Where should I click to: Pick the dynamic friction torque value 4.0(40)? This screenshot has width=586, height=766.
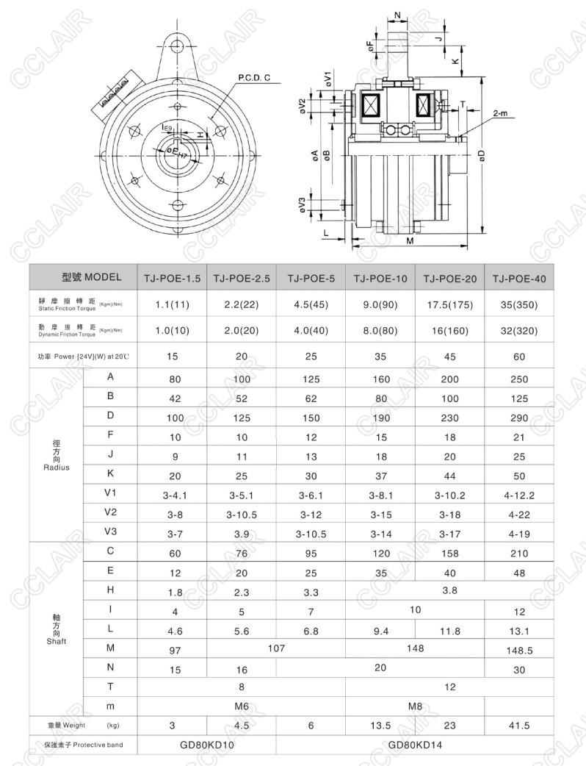coord(311,331)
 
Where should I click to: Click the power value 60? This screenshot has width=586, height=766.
coord(519,357)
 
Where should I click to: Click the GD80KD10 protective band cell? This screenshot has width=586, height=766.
coord(207,745)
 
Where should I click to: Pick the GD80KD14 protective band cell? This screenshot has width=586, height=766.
coord(415,745)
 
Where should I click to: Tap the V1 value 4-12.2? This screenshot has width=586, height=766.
coord(519,495)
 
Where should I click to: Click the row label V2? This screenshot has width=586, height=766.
coord(110,511)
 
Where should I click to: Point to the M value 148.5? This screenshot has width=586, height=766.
coord(519,649)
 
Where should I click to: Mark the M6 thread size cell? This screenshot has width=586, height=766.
coord(242,706)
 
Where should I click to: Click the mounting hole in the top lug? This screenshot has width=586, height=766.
coord(176,47)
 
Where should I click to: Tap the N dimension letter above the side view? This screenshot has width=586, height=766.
coord(397,15)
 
